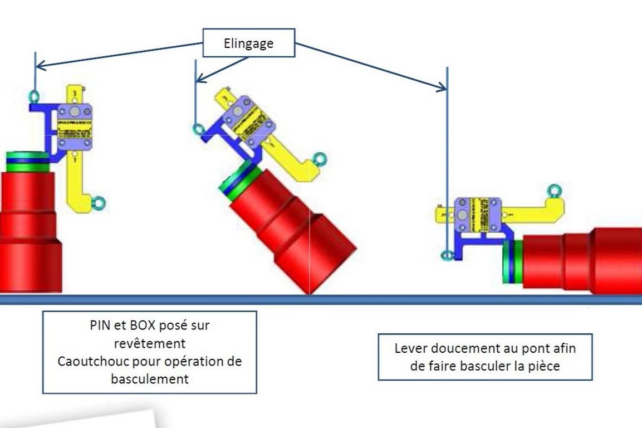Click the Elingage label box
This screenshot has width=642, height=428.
[x=248, y=43]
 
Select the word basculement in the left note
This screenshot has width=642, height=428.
[x=150, y=378]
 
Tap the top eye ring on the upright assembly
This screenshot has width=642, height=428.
[x=34, y=97]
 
